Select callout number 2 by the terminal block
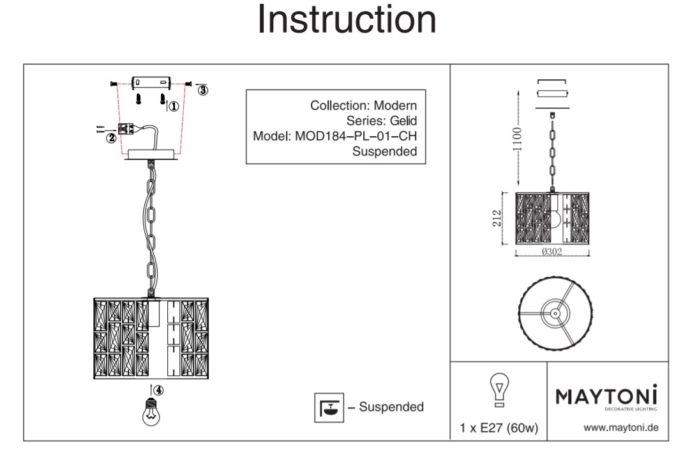point(111,137)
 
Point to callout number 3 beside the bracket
point(202,90)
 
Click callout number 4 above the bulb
point(158,389)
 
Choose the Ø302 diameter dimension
point(551,252)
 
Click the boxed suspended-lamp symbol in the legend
point(329,407)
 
